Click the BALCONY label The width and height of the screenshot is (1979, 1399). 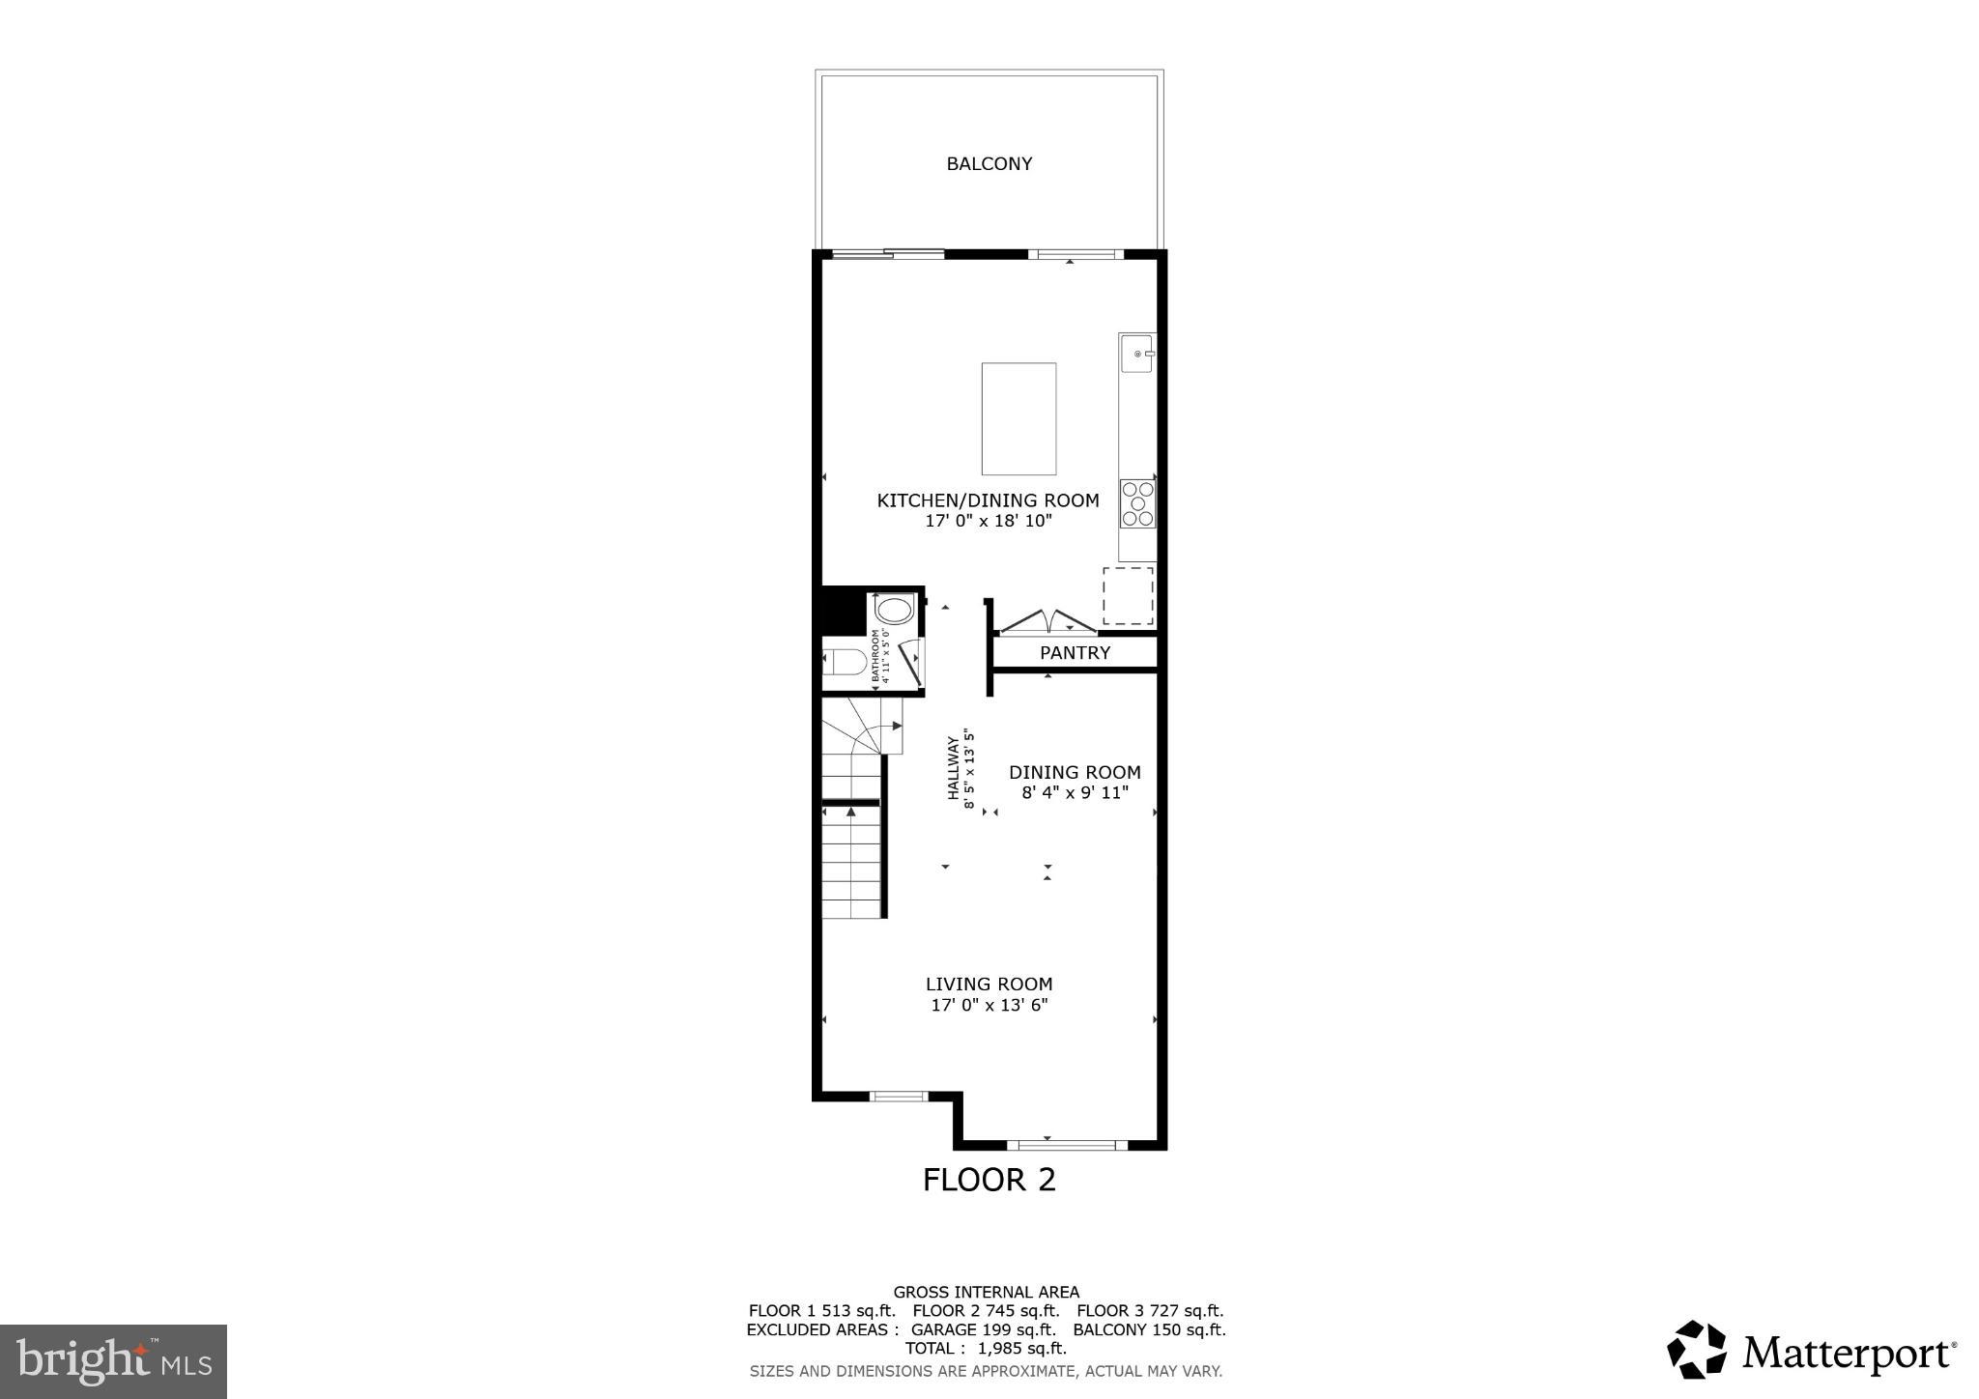[989, 164]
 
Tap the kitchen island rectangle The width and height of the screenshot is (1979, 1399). [1018, 418]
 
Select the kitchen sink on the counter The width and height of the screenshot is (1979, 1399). [1136, 354]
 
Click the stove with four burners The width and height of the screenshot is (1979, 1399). [1137, 503]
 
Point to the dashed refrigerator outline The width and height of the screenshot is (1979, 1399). [1128, 595]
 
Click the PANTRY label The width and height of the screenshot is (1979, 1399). [1075, 653]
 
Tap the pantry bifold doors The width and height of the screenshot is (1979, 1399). [1047, 621]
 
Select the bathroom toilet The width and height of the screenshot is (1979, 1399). [846, 663]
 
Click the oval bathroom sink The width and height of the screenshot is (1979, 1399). [894, 611]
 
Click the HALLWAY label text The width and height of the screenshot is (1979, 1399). [953, 768]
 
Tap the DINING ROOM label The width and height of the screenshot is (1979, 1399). [1075, 773]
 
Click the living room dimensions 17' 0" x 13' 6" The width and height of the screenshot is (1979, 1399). [989, 1005]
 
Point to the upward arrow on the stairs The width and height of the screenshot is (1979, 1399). [850, 813]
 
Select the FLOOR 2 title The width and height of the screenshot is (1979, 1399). [989, 1180]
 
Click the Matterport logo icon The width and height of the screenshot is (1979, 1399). [1696, 1349]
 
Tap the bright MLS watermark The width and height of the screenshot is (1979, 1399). [113, 1361]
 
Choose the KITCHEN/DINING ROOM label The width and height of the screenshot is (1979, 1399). [988, 500]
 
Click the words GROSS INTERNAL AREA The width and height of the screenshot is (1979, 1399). [986, 1292]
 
